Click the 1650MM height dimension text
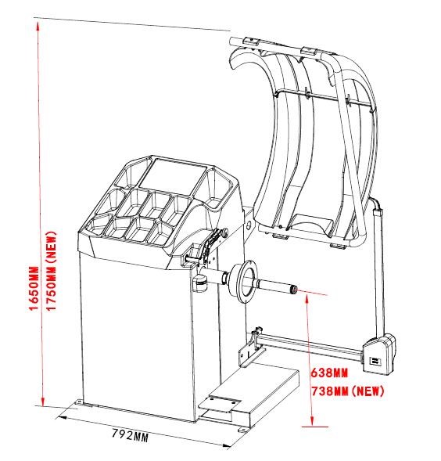pos(34,288)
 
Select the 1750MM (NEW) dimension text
pos(52,271)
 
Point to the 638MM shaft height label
pos(329,373)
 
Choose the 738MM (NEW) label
pos(348,391)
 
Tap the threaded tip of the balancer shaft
pos(293,289)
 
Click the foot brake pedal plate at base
pos(220,402)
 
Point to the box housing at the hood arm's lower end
pos(379,354)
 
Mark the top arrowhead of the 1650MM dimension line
pos(38,27)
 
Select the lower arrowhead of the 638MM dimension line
pos(312,421)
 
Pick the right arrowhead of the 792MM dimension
pos(225,446)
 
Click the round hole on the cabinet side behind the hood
pos(249,225)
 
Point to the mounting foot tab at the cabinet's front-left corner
pos(79,402)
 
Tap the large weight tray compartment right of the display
pos(217,188)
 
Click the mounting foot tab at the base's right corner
pos(242,430)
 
